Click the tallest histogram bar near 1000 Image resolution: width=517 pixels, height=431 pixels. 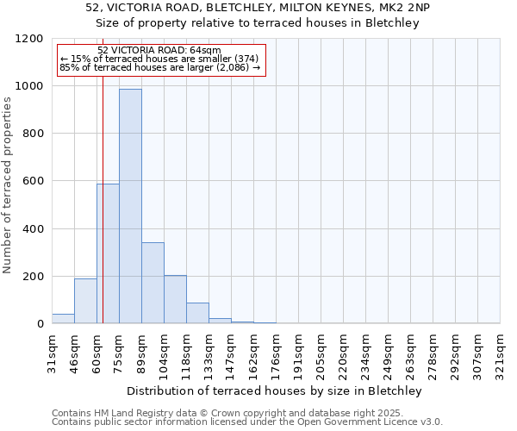130,207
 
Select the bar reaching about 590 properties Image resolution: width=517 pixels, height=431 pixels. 108,254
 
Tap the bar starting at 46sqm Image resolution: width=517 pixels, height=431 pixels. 85,302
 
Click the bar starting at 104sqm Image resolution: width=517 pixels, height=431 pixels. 175,300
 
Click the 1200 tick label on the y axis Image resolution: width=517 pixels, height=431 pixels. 29,39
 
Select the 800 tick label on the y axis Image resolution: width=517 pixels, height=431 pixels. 33,134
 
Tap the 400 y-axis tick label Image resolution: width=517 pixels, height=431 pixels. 33,229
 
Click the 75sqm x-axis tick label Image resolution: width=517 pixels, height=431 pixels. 120,351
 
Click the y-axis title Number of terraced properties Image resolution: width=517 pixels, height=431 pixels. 8,185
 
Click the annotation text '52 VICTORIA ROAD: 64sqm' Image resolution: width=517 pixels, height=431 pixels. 159,51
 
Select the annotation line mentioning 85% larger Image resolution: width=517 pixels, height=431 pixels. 159,67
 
